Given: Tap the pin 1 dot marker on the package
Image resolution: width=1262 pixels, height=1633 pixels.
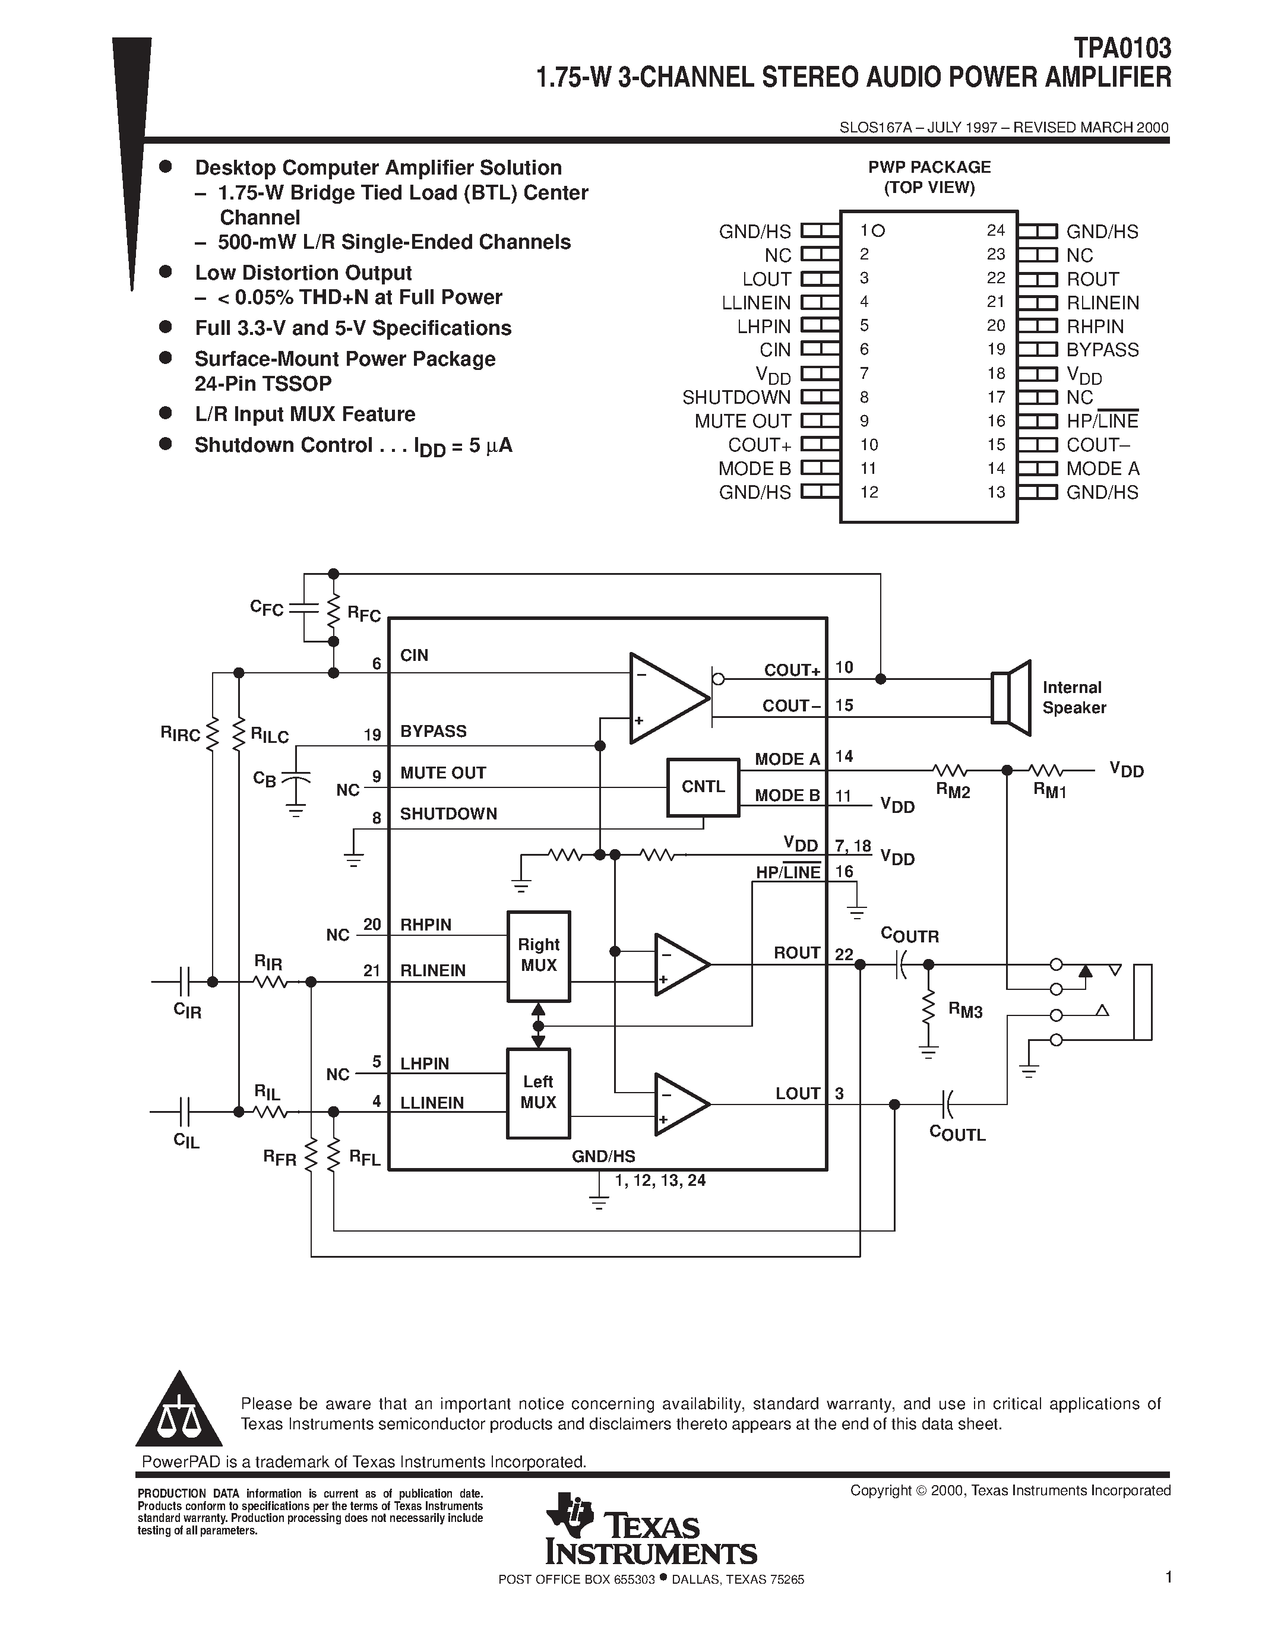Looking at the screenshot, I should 878,231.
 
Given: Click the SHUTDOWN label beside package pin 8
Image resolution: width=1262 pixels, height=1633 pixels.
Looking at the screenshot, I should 736,398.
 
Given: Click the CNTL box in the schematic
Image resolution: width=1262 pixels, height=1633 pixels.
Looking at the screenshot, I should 703,787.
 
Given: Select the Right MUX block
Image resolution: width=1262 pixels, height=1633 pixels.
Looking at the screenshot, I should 538,955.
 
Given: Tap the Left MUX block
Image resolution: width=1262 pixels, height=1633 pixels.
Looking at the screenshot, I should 538,1093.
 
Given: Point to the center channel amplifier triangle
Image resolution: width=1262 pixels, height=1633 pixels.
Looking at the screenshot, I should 665,698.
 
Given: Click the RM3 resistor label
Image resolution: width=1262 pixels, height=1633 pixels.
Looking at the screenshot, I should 965,1010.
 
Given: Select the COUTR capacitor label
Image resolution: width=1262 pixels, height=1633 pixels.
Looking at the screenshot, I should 909,935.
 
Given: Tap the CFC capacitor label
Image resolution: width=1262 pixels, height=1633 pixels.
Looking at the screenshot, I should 267,608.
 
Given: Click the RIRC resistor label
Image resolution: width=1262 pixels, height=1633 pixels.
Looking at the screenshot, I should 180,733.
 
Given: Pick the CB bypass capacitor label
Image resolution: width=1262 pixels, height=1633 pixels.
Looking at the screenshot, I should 264,778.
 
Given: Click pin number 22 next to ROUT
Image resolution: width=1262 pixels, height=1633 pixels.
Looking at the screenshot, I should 843,954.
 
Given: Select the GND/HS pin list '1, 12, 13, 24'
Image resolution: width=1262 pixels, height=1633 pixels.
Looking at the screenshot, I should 659,1180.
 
